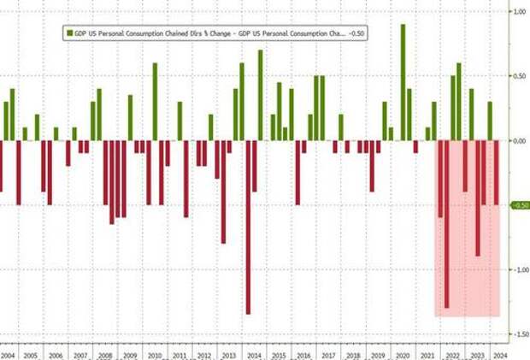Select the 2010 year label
(156, 352)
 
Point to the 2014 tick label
(255, 352)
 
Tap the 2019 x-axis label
(378, 352)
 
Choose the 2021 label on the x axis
(427, 352)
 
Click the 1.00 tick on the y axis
(518, 12)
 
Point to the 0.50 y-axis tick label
(518, 76)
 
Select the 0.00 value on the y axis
(518, 140)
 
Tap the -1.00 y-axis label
(518, 269)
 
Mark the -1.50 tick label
(518, 333)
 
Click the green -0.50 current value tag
(518, 205)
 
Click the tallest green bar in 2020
(403, 82)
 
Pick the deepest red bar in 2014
(248, 227)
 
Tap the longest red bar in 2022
(447, 224)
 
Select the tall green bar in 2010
(155, 102)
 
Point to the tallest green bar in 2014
(260, 95)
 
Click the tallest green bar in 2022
(459, 102)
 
